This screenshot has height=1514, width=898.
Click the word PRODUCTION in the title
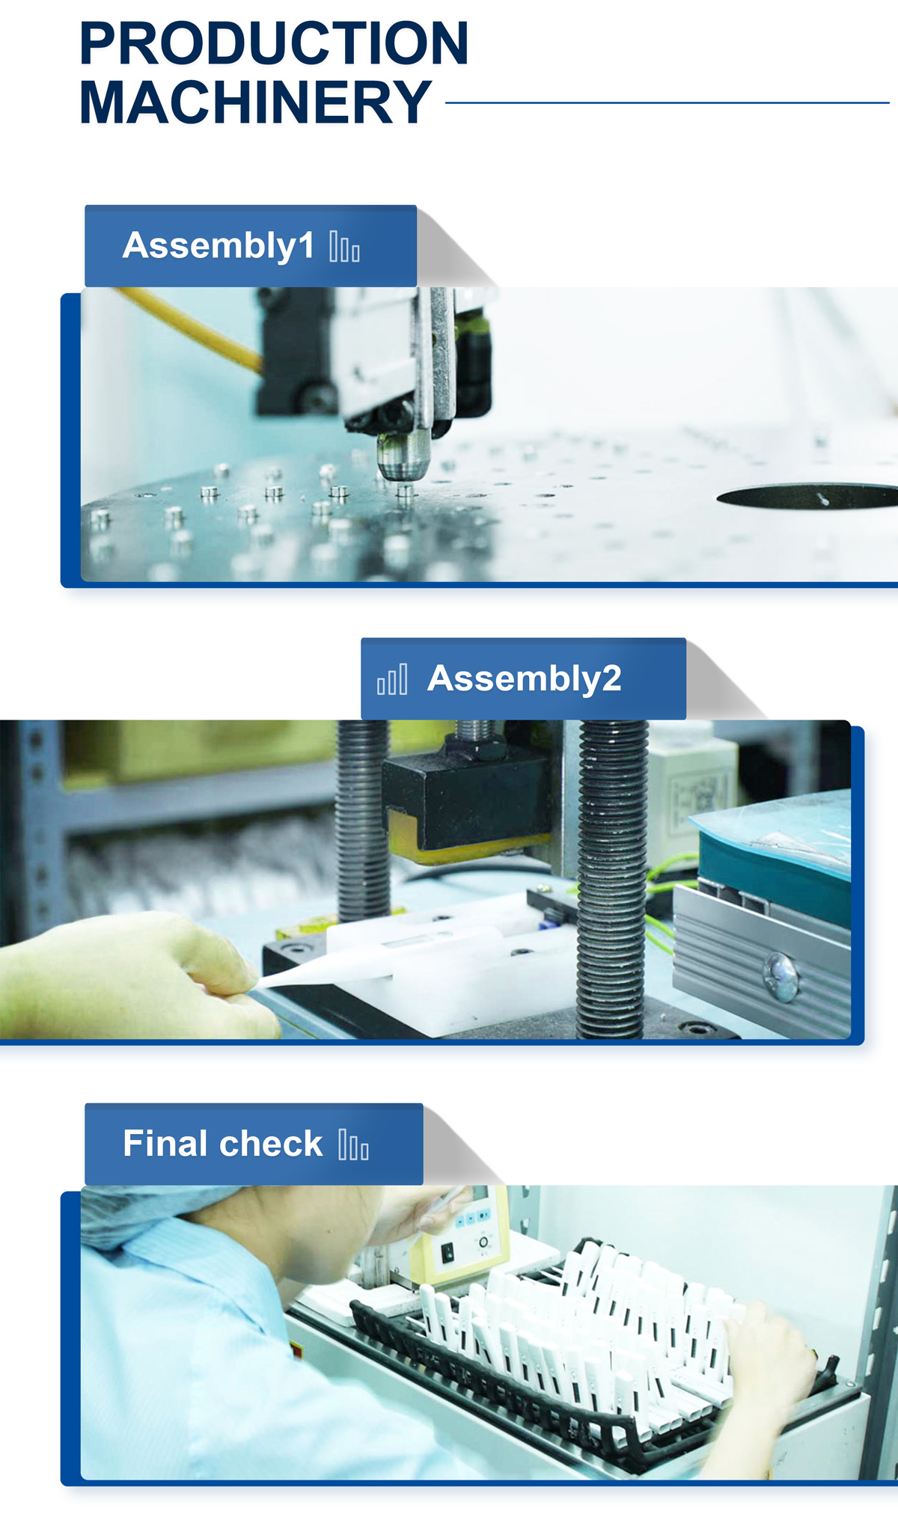[x=274, y=43]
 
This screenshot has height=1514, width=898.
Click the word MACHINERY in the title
[x=255, y=102]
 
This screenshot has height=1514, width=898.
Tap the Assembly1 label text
[x=218, y=246]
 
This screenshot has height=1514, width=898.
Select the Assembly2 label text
[x=524, y=679]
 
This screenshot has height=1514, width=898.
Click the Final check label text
[x=222, y=1144]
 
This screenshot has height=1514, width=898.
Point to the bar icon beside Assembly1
[x=344, y=247]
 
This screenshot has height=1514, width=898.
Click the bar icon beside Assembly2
[x=392, y=679]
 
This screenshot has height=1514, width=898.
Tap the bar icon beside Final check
[x=353, y=1144]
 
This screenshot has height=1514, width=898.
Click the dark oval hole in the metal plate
[x=807, y=497]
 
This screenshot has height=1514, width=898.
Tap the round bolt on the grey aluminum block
[x=781, y=975]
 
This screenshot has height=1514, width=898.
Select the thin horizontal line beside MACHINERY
[x=668, y=103]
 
